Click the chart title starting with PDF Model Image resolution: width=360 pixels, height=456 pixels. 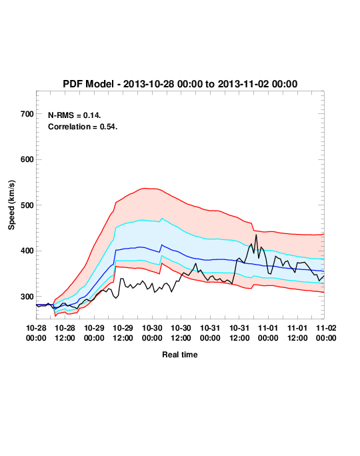180,84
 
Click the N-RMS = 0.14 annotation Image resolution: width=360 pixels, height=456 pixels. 75,115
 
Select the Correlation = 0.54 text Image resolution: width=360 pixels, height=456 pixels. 83,127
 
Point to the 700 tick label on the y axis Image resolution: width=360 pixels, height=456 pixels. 27,114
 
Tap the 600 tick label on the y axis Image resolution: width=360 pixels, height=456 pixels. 27,159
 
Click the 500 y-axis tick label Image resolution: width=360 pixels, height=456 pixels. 27,205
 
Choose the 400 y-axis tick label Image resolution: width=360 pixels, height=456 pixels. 27,251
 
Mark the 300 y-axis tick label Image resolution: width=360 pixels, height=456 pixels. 27,297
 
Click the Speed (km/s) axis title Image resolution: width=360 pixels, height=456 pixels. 11,205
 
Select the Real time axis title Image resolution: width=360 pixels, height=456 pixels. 180,355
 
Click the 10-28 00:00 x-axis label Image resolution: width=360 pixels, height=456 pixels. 36,333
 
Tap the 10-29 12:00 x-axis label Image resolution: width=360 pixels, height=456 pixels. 123,333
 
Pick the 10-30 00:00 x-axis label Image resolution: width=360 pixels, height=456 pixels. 152,333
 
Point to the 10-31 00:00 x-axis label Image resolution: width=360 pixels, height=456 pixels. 210,333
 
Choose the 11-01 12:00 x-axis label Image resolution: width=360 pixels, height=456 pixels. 297,333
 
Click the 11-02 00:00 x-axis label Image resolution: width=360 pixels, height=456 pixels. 326,333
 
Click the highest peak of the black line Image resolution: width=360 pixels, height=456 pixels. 256,235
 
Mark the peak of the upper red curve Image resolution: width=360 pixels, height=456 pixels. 146,188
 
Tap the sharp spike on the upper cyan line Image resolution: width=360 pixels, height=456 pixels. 162,219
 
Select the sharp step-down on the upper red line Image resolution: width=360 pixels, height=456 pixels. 253,227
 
